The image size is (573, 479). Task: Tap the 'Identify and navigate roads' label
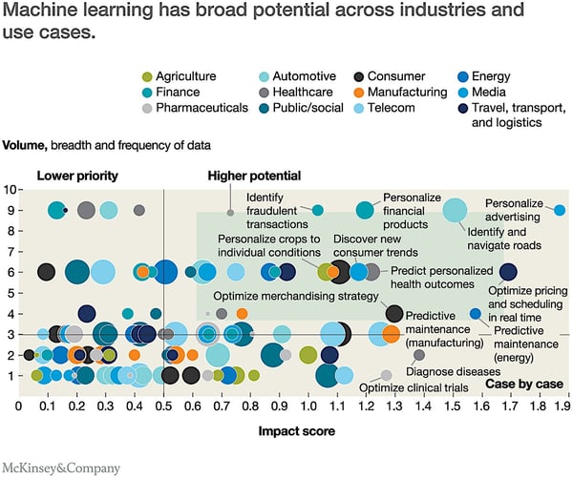tap(499, 238)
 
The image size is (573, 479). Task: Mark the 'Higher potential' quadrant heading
tap(254, 176)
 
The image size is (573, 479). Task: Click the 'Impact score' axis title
tap(296, 431)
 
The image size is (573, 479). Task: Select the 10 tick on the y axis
tap(9, 190)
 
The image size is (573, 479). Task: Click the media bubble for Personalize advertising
tap(560, 210)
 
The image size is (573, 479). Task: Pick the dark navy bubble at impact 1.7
tap(508, 272)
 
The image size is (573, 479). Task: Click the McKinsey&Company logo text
tap(61, 468)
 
